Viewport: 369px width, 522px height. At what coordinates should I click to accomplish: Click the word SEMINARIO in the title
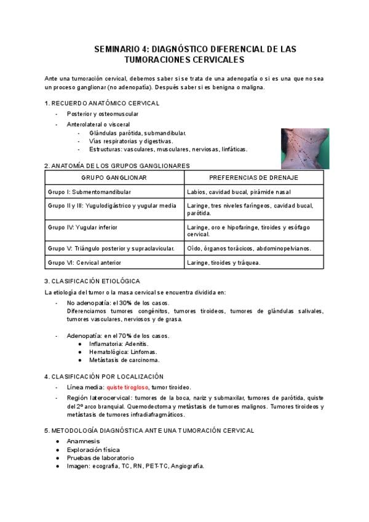tap(119, 49)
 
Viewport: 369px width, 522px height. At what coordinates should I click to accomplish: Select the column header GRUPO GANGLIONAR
tap(114, 177)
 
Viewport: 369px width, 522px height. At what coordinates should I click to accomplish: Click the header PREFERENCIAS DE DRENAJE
tap(253, 177)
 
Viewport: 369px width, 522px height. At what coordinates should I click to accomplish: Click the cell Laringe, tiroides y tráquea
tap(224, 263)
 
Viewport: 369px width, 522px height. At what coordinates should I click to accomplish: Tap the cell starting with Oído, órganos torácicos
tap(249, 249)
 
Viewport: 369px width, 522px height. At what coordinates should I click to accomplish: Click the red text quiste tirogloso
tap(128, 387)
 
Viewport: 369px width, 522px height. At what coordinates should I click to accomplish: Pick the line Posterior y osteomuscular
tap(103, 114)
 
